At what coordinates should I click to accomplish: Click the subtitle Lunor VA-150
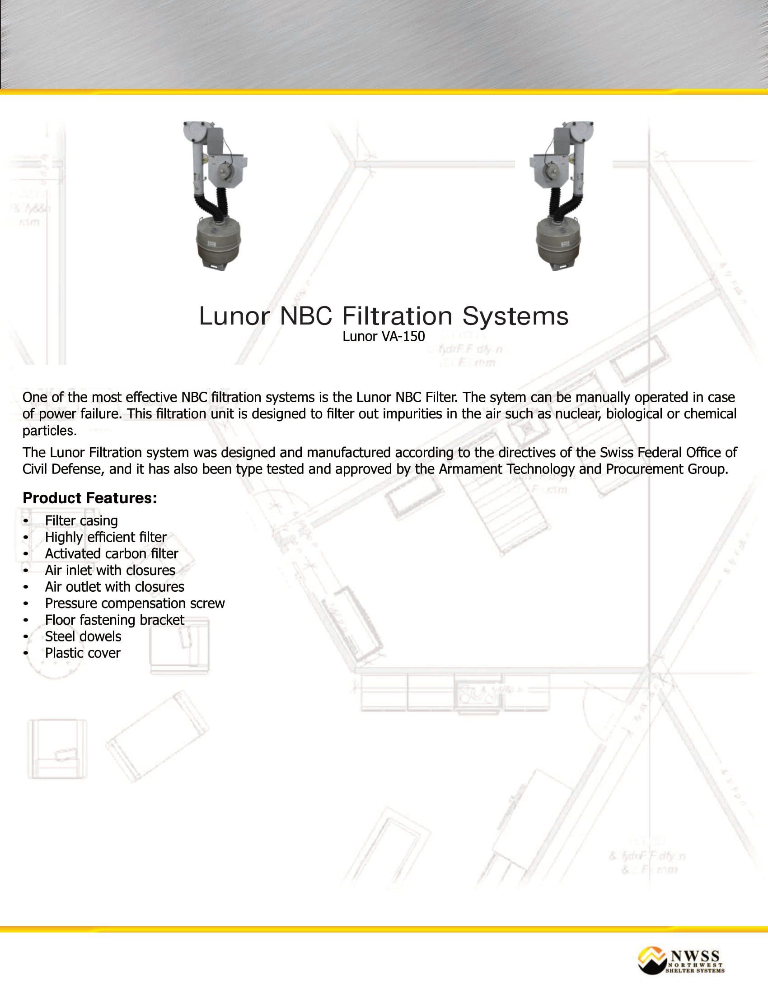click(384, 336)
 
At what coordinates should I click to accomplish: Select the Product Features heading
click(89, 498)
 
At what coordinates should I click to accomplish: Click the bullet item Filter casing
click(81, 520)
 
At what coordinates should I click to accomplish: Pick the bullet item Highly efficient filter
click(106, 538)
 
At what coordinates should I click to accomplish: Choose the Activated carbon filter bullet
click(112, 554)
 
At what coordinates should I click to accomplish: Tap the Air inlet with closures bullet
click(110, 570)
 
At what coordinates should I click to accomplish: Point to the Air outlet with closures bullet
click(114, 587)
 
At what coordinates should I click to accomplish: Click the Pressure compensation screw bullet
click(135, 603)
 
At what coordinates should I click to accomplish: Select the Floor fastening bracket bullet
click(114, 620)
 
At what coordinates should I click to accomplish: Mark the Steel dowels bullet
click(83, 636)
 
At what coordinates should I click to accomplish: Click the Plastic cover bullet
click(82, 653)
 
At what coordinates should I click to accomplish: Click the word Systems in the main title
click(515, 316)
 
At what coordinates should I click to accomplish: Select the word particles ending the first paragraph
click(49, 431)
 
